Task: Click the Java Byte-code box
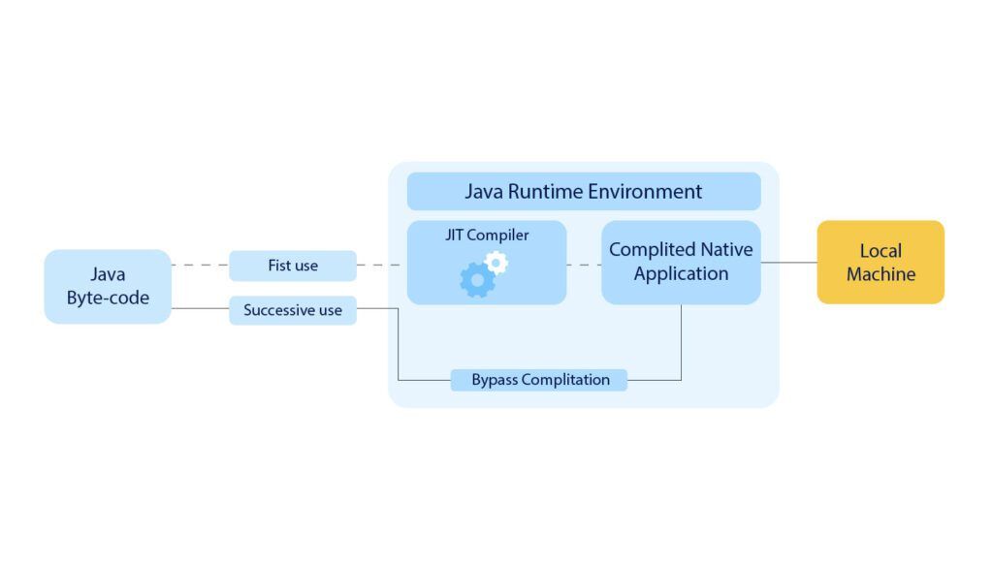pyautogui.click(x=108, y=286)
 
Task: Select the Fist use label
pyautogui.click(x=293, y=266)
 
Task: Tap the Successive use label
pyautogui.click(x=293, y=310)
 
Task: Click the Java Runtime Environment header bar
pyautogui.click(x=584, y=191)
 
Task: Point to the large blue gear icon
pyautogui.click(x=476, y=279)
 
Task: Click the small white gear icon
pyautogui.click(x=496, y=262)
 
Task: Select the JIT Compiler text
pyautogui.click(x=487, y=236)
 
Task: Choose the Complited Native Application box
pyautogui.click(x=681, y=262)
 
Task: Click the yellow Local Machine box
pyautogui.click(x=881, y=262)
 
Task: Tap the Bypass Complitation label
pyautogui.click(x=540, y=380)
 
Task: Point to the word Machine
pyautogui.click(x=881, y=274)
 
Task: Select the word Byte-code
pyautogui.click(x=108, y=298)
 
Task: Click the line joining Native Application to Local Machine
pyautogui.click(x=788, y=262)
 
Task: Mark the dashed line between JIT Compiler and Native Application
pyautogui.click(x=584, y=265)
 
